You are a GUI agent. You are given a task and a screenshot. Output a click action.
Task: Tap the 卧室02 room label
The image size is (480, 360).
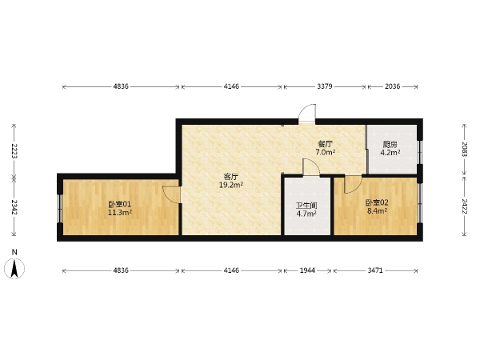click(377, 202)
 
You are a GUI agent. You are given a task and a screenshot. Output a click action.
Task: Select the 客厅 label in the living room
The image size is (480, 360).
click(231, 177)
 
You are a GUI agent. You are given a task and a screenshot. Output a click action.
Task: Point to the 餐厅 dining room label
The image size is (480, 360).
click(325, 144)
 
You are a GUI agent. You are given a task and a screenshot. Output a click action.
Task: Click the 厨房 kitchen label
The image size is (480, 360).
click(390, 144)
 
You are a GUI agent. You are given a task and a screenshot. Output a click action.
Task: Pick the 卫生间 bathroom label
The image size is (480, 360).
click(306, 206)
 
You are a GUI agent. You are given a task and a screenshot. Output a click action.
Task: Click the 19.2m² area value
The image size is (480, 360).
click(231, 185)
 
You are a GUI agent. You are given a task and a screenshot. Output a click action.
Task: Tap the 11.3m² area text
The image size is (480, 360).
click(120, 212)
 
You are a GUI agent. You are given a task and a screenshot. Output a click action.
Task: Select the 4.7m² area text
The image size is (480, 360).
click(306, 214)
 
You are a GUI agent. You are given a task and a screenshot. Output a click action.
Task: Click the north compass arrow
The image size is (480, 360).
click(14, 269)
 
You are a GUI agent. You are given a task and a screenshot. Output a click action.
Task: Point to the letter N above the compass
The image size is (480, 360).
click(14, 252)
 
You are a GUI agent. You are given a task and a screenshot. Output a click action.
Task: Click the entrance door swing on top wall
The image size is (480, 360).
click(307, 113)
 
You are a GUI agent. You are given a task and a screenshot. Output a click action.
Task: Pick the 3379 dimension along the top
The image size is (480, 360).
click(325, 86)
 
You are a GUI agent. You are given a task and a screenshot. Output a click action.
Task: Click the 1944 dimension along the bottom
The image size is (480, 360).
click(307, 270)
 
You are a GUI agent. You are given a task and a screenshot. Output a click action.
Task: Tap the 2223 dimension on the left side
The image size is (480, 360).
click(14, 151)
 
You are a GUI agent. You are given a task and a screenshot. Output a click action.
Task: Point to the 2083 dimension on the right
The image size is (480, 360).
click(464, 149)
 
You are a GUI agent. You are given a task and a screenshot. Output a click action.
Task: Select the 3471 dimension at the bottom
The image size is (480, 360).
click(375, 270)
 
